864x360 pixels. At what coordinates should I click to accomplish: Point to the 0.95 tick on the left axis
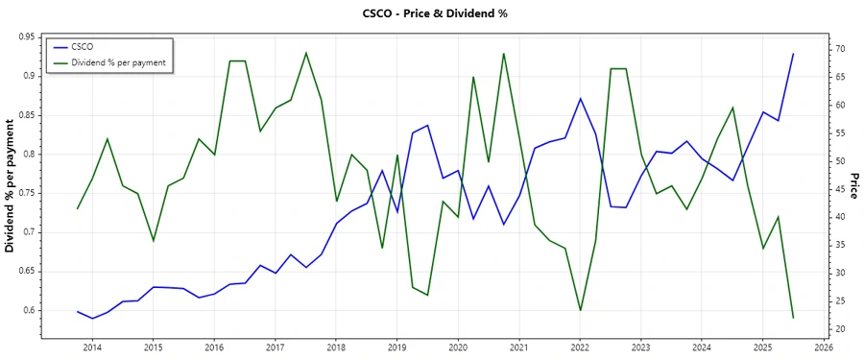[26, 36]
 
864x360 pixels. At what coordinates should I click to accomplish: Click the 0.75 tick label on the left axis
[26, 193]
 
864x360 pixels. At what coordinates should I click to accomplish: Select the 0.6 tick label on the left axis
[29, 310]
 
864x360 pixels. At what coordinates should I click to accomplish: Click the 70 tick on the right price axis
[839, 48]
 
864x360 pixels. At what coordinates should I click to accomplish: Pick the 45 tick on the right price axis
[839, 189]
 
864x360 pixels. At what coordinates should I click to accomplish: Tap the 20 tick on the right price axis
[839, 329]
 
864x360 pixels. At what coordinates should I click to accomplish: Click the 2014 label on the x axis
[92, 348]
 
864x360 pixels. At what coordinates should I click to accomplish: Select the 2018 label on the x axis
[336, 348]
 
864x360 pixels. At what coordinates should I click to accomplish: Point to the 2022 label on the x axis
[580, 348]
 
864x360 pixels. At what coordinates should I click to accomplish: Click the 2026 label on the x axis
[823, 348]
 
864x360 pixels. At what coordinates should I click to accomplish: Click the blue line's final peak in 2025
[793, 54]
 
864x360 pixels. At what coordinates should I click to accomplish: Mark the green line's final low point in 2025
[793, 318]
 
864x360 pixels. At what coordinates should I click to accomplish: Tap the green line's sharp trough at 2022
[580, 310]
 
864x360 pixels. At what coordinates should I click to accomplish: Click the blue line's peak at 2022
[580, 98]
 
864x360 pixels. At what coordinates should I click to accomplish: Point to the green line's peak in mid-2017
[306, 53]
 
